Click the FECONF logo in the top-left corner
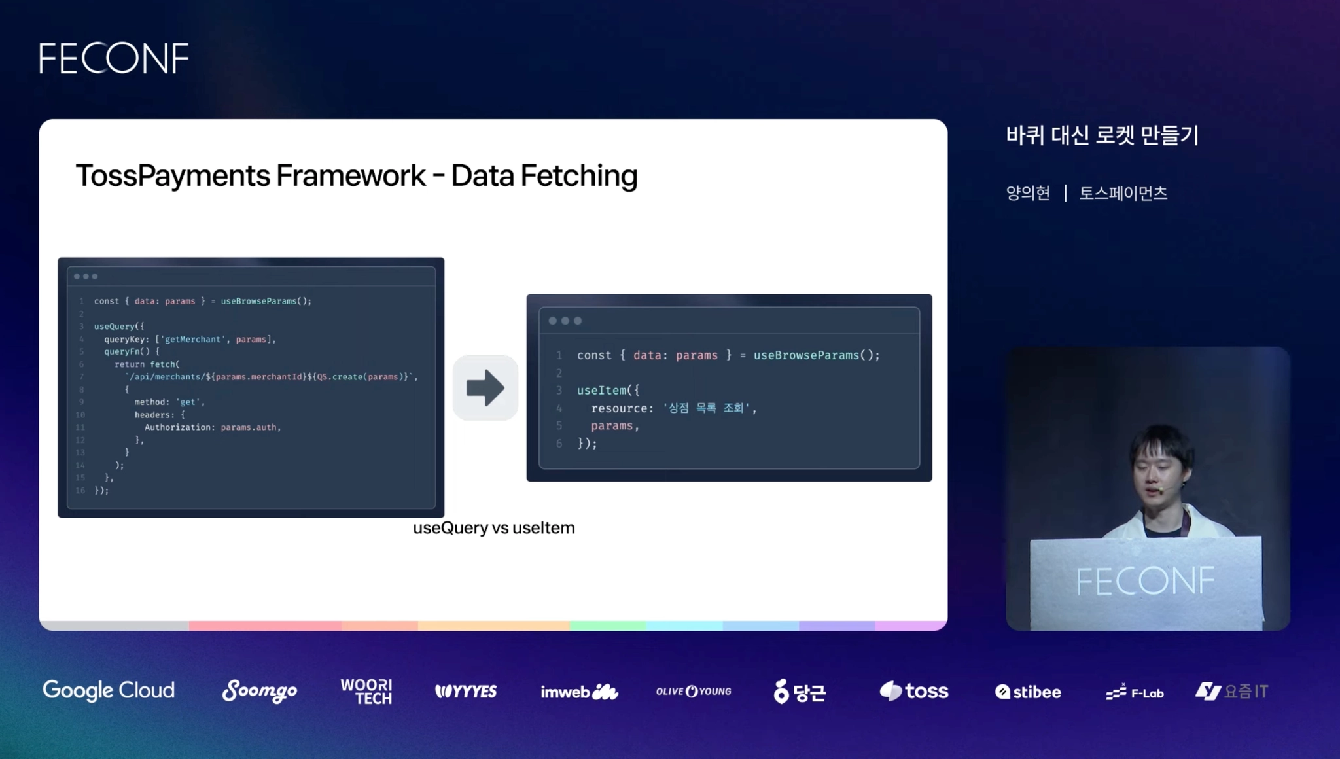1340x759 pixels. point(114,58)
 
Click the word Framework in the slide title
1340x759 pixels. point(351,175)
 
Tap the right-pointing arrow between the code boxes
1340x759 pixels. point(485,388)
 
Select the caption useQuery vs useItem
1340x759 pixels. point(493,528)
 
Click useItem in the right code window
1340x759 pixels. point(601,390)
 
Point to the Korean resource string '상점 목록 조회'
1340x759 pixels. point(706,408)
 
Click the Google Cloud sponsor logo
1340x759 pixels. point(109,690)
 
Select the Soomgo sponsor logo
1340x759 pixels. point(259,691)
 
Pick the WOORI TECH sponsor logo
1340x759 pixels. point(366,692)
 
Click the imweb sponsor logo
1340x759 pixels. point(578,692)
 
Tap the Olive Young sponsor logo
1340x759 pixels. point(694,692)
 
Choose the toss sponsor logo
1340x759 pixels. point(913,691)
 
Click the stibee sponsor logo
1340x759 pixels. point(1028,692)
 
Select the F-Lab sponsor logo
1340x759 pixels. point(1135,692)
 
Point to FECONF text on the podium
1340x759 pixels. point(1145,581)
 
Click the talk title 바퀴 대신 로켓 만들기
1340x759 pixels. point(1102,135)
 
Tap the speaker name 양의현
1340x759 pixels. point(1028,193)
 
